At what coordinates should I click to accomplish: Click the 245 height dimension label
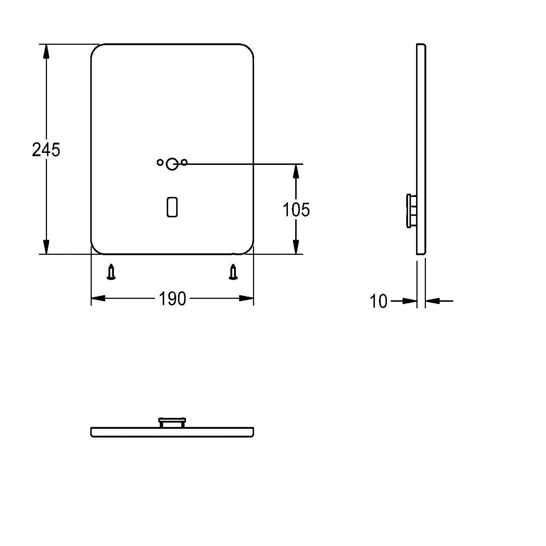click(46, 150)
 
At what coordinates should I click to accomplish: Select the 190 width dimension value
click(172, 299)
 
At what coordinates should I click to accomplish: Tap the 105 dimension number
click(296, 210)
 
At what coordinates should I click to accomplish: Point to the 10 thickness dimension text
click(379, 302)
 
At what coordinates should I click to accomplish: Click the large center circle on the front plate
click(172, 165)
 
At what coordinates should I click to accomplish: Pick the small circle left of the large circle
click(160, 162)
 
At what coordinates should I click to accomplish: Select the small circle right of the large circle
click(184, 162)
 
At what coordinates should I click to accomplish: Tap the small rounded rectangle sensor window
click(172, 207)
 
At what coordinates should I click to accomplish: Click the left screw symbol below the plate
click(111, 273)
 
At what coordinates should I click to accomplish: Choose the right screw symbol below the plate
click(233, 273)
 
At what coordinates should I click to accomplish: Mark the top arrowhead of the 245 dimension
click(46, 51)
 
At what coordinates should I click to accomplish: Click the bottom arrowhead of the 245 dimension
click(46, 247)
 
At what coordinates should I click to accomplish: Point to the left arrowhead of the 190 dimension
click(98, 298)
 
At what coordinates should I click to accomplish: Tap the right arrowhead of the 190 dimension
click(246, 298)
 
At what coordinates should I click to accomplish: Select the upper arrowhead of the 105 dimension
click(296, 171)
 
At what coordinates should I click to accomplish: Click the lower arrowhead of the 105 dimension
click(296, 247)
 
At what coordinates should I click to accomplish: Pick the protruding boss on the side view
click(412, 211)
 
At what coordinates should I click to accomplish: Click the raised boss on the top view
click(172, 423)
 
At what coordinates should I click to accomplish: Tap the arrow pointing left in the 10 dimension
click(433, 301)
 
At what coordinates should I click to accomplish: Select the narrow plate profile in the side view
click(421, 149)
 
